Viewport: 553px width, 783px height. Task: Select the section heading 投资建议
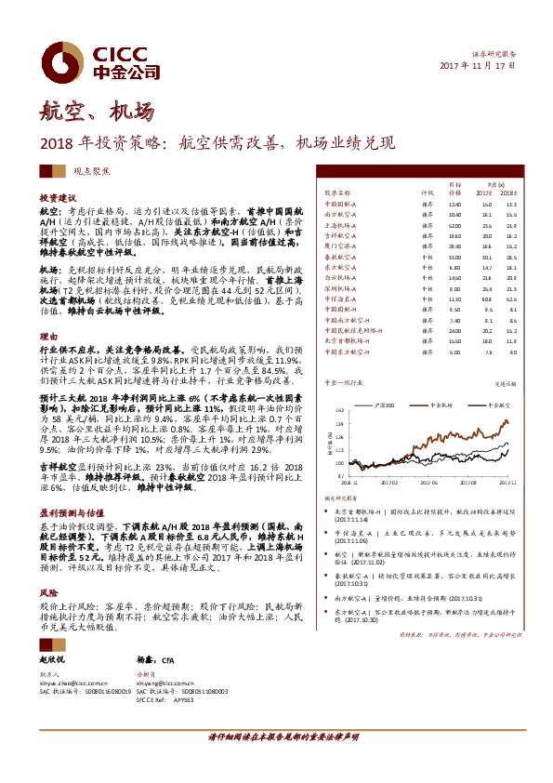pyautogui.click(x=57, y=199)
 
